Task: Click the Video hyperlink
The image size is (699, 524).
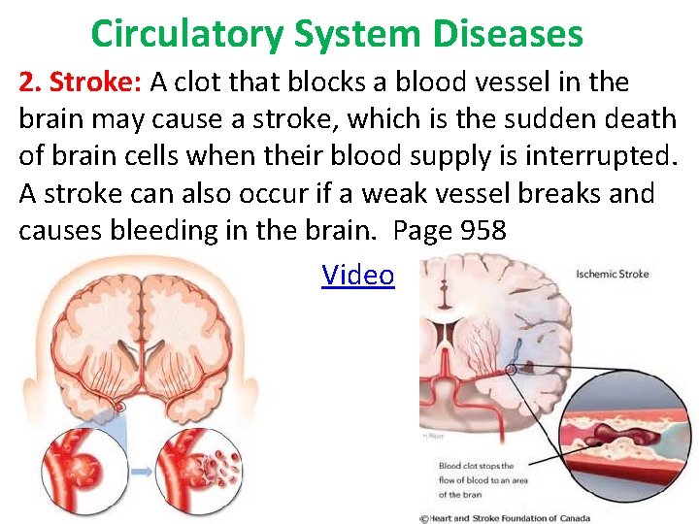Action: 357,276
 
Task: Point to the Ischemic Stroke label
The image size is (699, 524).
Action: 613,274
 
